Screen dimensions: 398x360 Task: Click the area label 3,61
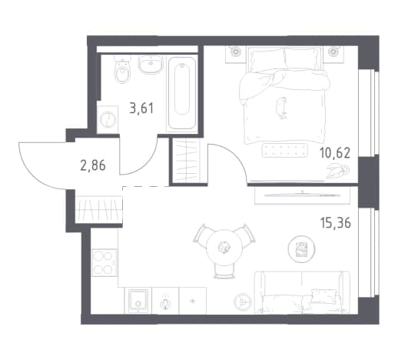(x=141, y=108)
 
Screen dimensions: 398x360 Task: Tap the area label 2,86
(x=93, y=165)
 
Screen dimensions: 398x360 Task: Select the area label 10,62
(x=335, y=153)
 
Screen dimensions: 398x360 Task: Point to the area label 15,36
(x=335, y=222)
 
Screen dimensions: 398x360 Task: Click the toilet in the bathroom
(x=121, y=71)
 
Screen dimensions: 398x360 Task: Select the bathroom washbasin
(x=151, y=64)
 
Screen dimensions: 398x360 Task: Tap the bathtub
(x=182, y=93)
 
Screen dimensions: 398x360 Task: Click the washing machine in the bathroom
(x=108, y=119)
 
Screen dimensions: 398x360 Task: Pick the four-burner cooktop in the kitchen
(x=104, y=262)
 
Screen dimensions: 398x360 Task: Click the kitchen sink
(x=138, y=300)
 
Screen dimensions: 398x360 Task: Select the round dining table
(x=224, y=247)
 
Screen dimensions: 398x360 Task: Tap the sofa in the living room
(x=302, y=292)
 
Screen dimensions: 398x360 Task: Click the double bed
(x=284, y=95)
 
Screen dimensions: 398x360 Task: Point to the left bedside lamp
(x=235, y=52)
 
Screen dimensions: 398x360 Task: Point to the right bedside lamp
(x=333, y=52)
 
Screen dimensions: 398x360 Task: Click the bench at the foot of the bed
(x=285, y=150)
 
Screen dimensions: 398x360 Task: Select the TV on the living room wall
(x=302, y=195)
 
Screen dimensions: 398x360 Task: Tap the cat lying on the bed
(x=281, y=108)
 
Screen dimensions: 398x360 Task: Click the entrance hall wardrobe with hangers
(x=98, y=209)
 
